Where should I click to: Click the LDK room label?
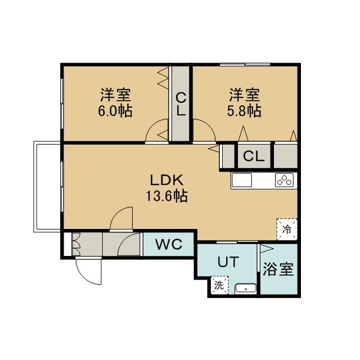point(166,180)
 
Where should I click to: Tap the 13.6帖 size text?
point(166,196)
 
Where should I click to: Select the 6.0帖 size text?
point(115,111)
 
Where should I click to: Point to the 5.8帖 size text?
point(244,111)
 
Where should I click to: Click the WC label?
point(169,244)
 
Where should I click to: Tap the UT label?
point(228,262)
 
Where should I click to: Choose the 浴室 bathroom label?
point(278,269)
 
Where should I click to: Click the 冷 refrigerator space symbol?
point(287,229)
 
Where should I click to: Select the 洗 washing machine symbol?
point(219,285)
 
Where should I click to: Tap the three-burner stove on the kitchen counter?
point(285,180)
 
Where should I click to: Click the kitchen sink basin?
point(242,180)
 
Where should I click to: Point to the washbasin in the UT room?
point(245,289)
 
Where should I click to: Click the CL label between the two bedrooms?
point(181,104)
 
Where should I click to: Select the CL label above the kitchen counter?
point(254,156)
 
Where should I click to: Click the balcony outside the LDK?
point(47,187)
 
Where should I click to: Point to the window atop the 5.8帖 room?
point(245,65)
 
